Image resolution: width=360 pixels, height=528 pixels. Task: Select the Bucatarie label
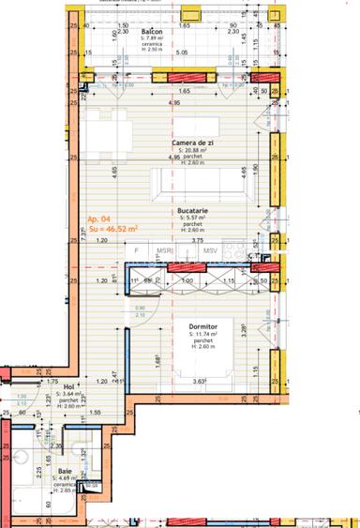[x=192, y=212]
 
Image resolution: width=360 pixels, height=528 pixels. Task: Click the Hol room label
[x=68, y=385]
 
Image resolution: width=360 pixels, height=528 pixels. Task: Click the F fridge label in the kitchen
[x=137, y=250]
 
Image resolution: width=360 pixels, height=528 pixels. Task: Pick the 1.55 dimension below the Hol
[x=97, y=412]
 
